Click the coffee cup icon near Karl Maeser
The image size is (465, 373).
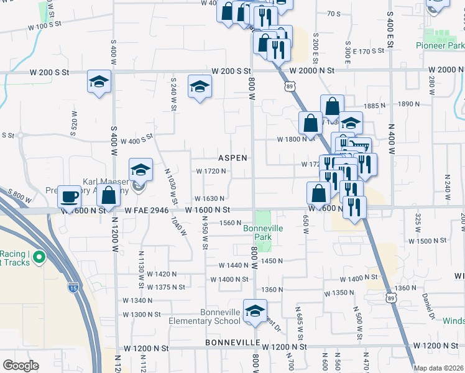[x=70, y=196]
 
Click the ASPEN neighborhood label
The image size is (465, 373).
[x=233, y=158]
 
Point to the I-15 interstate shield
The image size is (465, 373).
[x=74, y=288]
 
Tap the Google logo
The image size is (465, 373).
[x=21, y=365]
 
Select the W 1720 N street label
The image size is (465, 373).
[x=211, y=171]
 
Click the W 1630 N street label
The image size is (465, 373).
[x=210, y=198]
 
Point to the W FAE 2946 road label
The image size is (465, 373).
[x=147, y=211]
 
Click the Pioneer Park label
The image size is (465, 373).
[x=444, y=46]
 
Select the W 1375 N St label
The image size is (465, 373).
[x=166, y=287]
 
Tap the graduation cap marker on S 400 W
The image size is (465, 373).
[x=99, y=83]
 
